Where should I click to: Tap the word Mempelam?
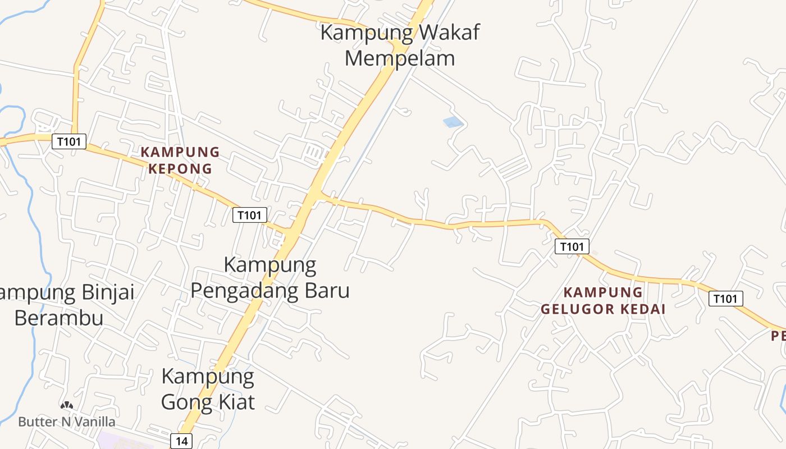click(x=399, y=58)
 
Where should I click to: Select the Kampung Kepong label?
click(x=180, y=160)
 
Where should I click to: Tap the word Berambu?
click(x=58, y=318)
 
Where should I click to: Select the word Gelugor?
click(x=573, y=309)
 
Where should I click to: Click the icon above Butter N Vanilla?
click(x=67, y=405)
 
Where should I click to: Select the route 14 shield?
click(x=181, y=441)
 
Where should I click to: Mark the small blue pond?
click(x=453, y=122)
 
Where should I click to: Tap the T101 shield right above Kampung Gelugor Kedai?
click(x=572, y=246)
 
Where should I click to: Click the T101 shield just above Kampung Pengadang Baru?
click(x=250, y=215)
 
